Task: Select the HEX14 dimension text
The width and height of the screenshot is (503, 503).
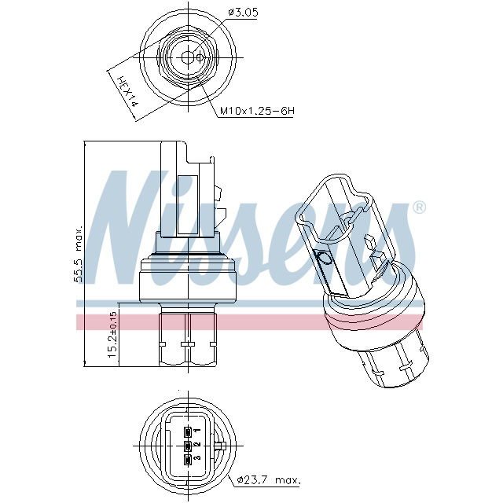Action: tap(126, 91)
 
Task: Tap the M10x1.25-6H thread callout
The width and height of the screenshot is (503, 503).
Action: tap(256, 112)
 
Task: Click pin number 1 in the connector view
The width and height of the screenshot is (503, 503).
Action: tap(197, 431)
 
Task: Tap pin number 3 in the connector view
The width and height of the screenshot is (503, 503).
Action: tap(197, 457)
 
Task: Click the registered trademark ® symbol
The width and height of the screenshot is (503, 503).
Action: tap(419, 207)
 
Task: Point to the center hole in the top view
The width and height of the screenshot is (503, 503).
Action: tap(186, 57)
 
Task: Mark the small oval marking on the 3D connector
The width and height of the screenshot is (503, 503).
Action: tap(322, 260)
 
